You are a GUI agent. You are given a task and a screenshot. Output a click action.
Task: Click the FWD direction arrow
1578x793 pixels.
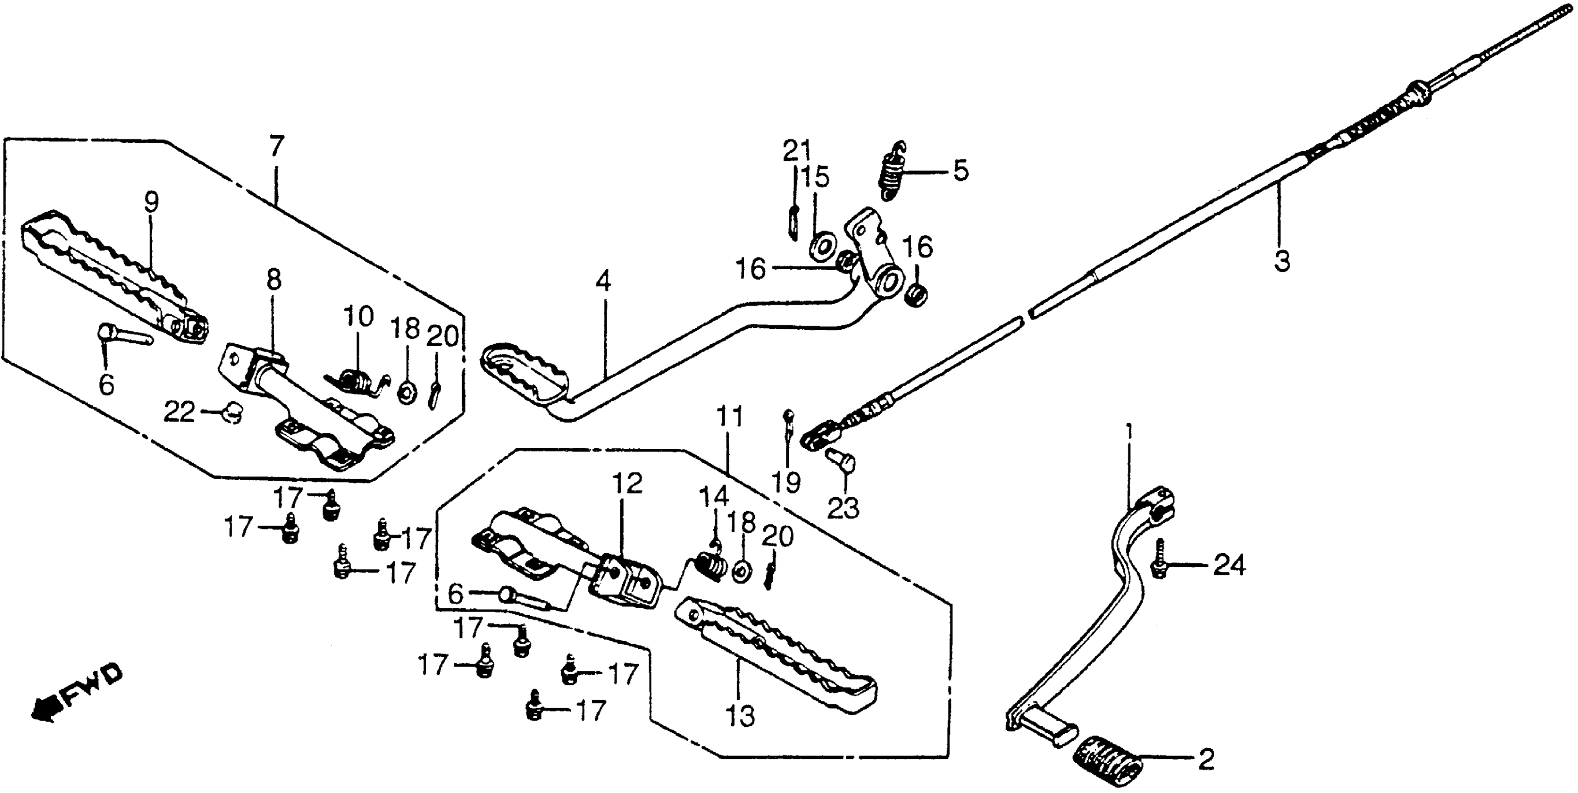pyautogui.click(x=76, y=693)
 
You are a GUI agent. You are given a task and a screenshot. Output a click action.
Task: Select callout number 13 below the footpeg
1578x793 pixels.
pyautogui.click(x=740, y=716)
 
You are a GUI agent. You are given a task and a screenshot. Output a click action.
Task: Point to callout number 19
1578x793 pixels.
pyautogui.click(x=786, y=482)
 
